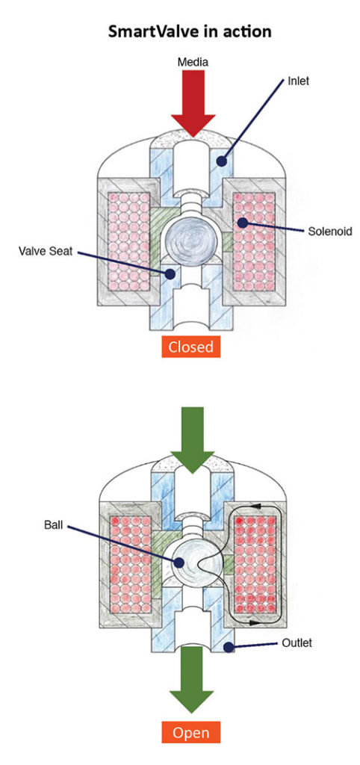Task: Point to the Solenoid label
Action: tap(327, 231)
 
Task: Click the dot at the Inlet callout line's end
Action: tap(221, 159)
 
